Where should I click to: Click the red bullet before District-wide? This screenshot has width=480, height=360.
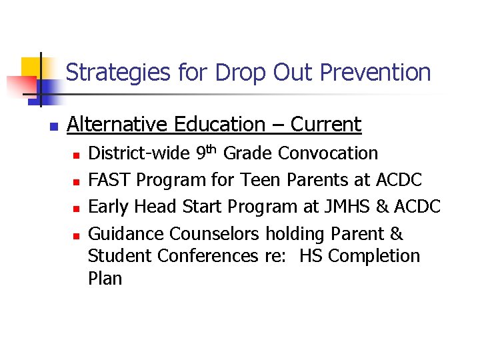[x=76, y=155]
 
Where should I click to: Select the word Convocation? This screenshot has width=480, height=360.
[x=328, y=153]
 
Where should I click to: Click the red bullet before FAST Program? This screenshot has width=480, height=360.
[x=76, y=181]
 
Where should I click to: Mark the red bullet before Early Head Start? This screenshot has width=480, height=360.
[x=76, y=208]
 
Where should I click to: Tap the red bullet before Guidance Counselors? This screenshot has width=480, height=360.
[x=76, y=235]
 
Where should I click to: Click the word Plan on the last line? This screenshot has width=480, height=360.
[x=105, y=279]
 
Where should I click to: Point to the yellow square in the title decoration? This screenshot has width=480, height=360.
[x=31, y=67]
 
